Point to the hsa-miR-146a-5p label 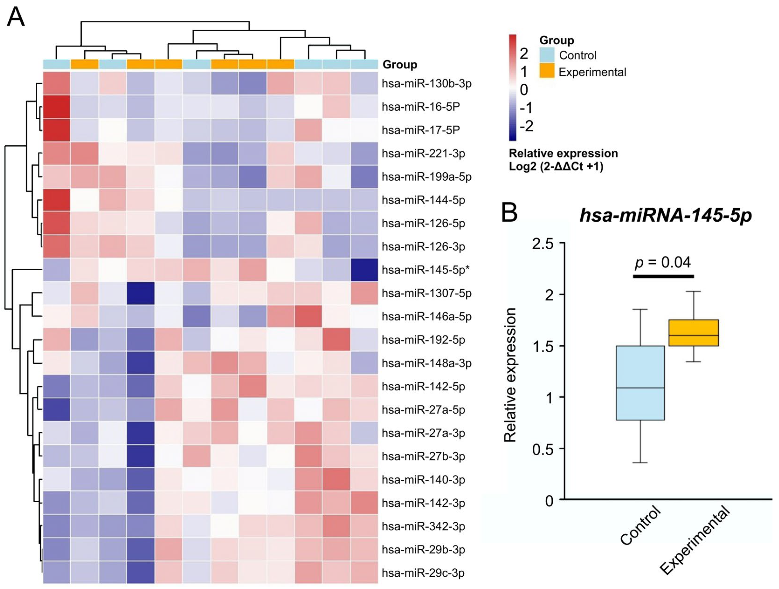coord(426,316)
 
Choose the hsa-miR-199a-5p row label coord(426,177)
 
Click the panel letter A coord(16,17)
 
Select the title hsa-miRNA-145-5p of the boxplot coord(666,215)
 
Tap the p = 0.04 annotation coord(662,262)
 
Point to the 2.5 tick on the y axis coord(543,244)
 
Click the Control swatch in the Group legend coord(547,55)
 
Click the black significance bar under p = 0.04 coord(663,276)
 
